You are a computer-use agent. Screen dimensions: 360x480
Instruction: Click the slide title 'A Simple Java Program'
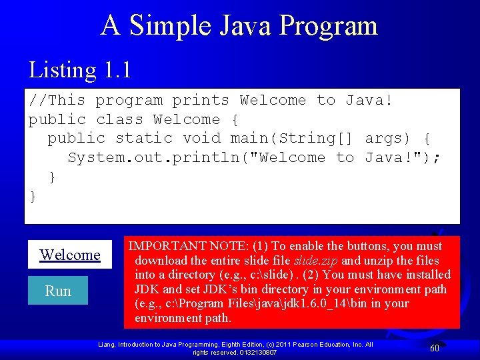tap(239, 25)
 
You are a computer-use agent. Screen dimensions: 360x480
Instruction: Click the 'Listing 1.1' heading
tap(79, 69)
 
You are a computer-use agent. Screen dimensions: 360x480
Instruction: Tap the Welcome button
tap(70, 255)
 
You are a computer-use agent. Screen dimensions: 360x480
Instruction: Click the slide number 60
tap(434, 348)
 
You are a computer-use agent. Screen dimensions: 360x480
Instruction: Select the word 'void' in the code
tap(201, 139)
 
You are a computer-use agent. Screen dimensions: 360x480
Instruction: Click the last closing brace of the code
tap(33, 196)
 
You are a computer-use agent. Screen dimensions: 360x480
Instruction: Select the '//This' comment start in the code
tap(57, 101)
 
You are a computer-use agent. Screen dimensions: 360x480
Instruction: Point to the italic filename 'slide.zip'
tap(316, 260)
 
